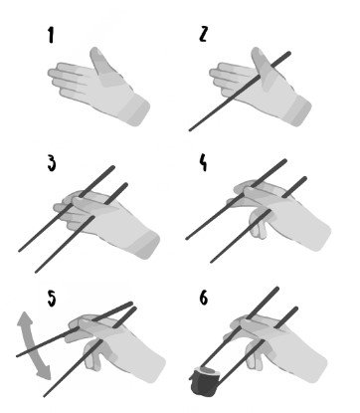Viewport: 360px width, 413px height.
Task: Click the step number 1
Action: [x=51, y=36]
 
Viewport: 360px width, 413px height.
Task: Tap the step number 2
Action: [x=204, y=34]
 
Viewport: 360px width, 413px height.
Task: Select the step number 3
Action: [x=52, y=163]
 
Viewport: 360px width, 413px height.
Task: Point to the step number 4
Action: [x=203, y=162]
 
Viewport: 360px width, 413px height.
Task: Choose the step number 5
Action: [x=52, y=299]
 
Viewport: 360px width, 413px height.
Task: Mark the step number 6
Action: [x=204, y=298]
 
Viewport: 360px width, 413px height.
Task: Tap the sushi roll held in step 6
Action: [x=206, y=381]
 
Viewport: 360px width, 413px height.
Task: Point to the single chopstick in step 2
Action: [x=240, y=92]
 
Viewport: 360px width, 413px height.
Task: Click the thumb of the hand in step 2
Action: [x=264, y=68]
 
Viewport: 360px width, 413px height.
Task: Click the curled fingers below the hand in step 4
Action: [x=260, y=226]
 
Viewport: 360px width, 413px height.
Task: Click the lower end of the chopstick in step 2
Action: [x=190, y=130]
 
